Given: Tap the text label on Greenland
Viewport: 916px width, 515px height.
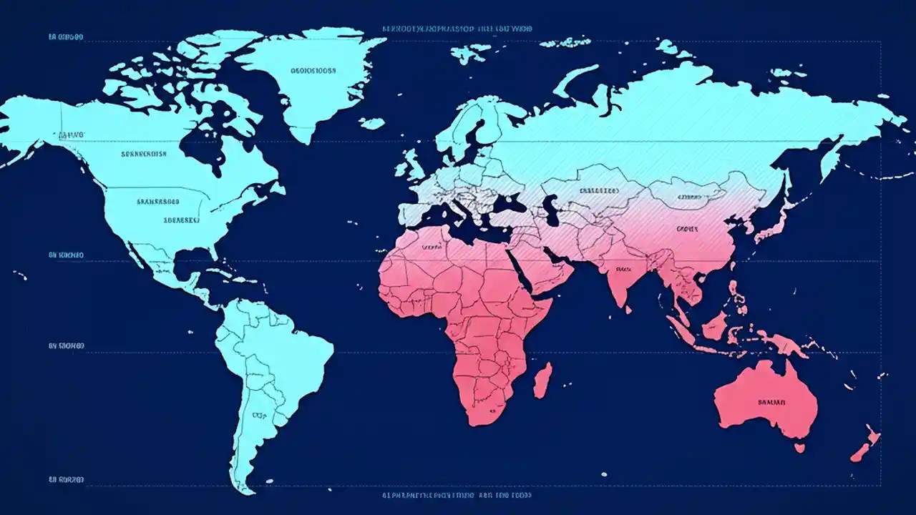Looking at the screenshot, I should (x=312, y=71).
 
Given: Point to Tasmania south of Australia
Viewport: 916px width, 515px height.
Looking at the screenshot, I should (x=799, y=448).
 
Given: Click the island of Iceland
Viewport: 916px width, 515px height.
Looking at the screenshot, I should (x=371, y=123).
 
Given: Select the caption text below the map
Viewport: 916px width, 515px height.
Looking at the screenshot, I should (x=458, y=495).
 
